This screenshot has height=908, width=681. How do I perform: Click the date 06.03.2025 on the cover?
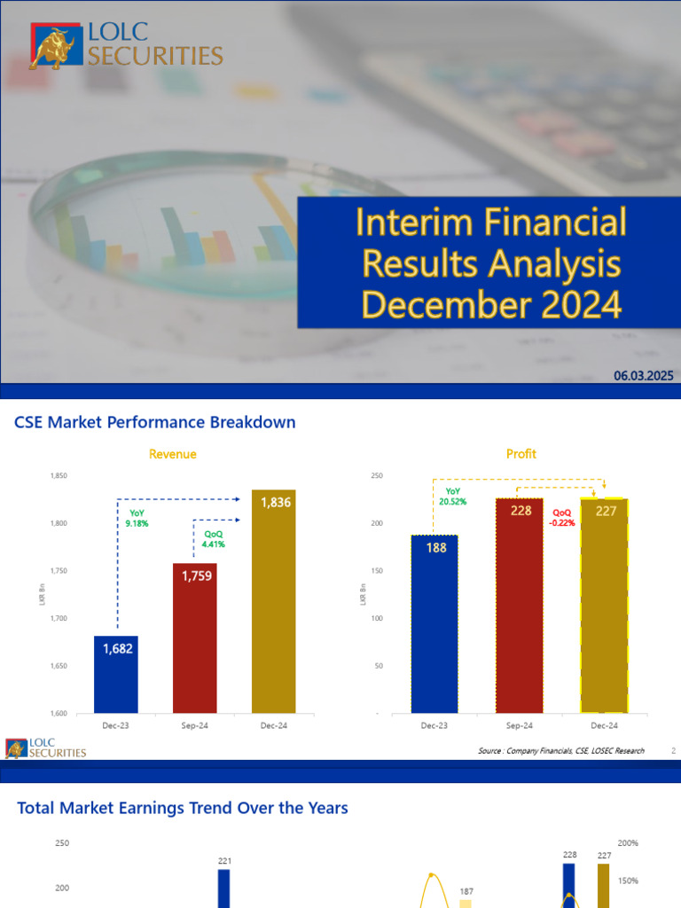643,376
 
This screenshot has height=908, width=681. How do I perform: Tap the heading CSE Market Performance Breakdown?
155,423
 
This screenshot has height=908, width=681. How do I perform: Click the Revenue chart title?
172,454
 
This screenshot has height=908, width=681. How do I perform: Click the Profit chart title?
521,454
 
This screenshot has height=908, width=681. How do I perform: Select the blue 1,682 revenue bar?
117,674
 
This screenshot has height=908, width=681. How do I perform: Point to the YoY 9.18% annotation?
138,518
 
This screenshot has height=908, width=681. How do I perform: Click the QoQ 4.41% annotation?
214,538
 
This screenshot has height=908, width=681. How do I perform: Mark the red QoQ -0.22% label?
563,517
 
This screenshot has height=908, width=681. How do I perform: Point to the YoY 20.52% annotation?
452,496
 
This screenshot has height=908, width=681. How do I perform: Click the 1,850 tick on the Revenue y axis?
58,476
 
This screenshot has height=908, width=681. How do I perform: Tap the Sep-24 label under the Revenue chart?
196,725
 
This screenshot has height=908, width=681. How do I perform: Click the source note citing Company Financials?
560,751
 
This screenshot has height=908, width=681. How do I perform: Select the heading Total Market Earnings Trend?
183,808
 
